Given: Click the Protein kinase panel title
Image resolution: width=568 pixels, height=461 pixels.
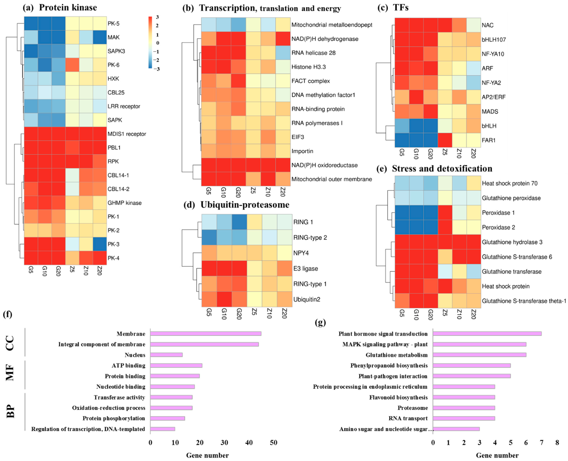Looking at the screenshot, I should pos(68,7).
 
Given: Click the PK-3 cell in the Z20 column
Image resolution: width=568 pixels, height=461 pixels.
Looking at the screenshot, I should pos(100,244).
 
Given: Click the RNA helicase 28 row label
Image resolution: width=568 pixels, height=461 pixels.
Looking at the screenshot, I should pos(313,53).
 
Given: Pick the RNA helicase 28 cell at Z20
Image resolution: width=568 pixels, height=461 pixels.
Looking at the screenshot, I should pos(283,53).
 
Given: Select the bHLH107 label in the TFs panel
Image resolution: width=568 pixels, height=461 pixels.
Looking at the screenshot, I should pos(494,40).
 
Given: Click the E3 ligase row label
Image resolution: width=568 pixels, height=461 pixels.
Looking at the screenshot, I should pos(305,269).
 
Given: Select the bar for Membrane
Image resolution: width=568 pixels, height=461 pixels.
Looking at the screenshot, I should pos(206,334).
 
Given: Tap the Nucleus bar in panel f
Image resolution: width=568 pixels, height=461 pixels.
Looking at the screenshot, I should pos(166,355).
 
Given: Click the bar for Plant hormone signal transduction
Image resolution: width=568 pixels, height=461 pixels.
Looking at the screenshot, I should pos(487,334).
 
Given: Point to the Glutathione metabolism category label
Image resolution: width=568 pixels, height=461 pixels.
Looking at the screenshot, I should pos(397,355).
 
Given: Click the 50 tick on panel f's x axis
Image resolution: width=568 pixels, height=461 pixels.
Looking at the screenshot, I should pos(273,442).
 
